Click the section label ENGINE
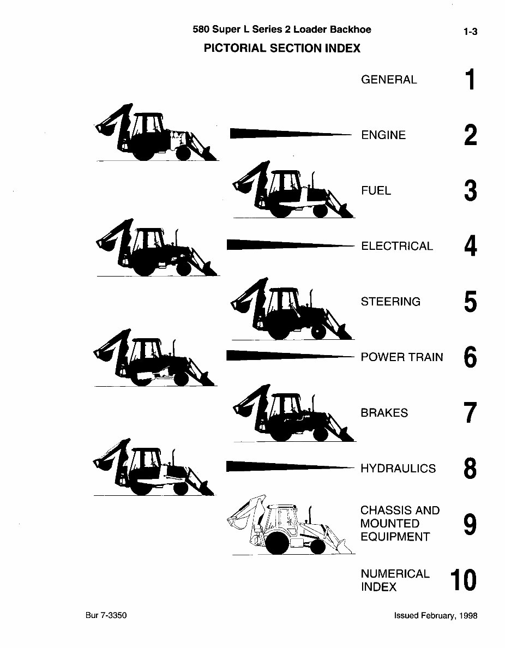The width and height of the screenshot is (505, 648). (383, 135)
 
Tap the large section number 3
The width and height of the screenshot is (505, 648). (470, 191)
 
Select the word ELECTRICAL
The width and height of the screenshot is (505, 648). (397, 246)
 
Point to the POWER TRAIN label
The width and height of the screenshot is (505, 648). (402, 357)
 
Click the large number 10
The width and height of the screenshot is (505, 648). (464, 580)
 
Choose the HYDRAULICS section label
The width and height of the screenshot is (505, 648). (398, 468)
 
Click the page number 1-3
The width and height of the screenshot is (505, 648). (470, 32)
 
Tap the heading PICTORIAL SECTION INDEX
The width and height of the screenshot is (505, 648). (282, 48)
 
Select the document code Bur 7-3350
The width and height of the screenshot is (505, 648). (106, 615)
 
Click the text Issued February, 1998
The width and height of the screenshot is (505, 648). (436, 615)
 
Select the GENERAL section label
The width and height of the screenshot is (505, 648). (389, 80)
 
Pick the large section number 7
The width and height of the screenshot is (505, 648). (470, 413)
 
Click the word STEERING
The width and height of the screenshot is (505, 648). (390, 302)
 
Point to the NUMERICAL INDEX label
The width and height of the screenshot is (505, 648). (395, 580)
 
